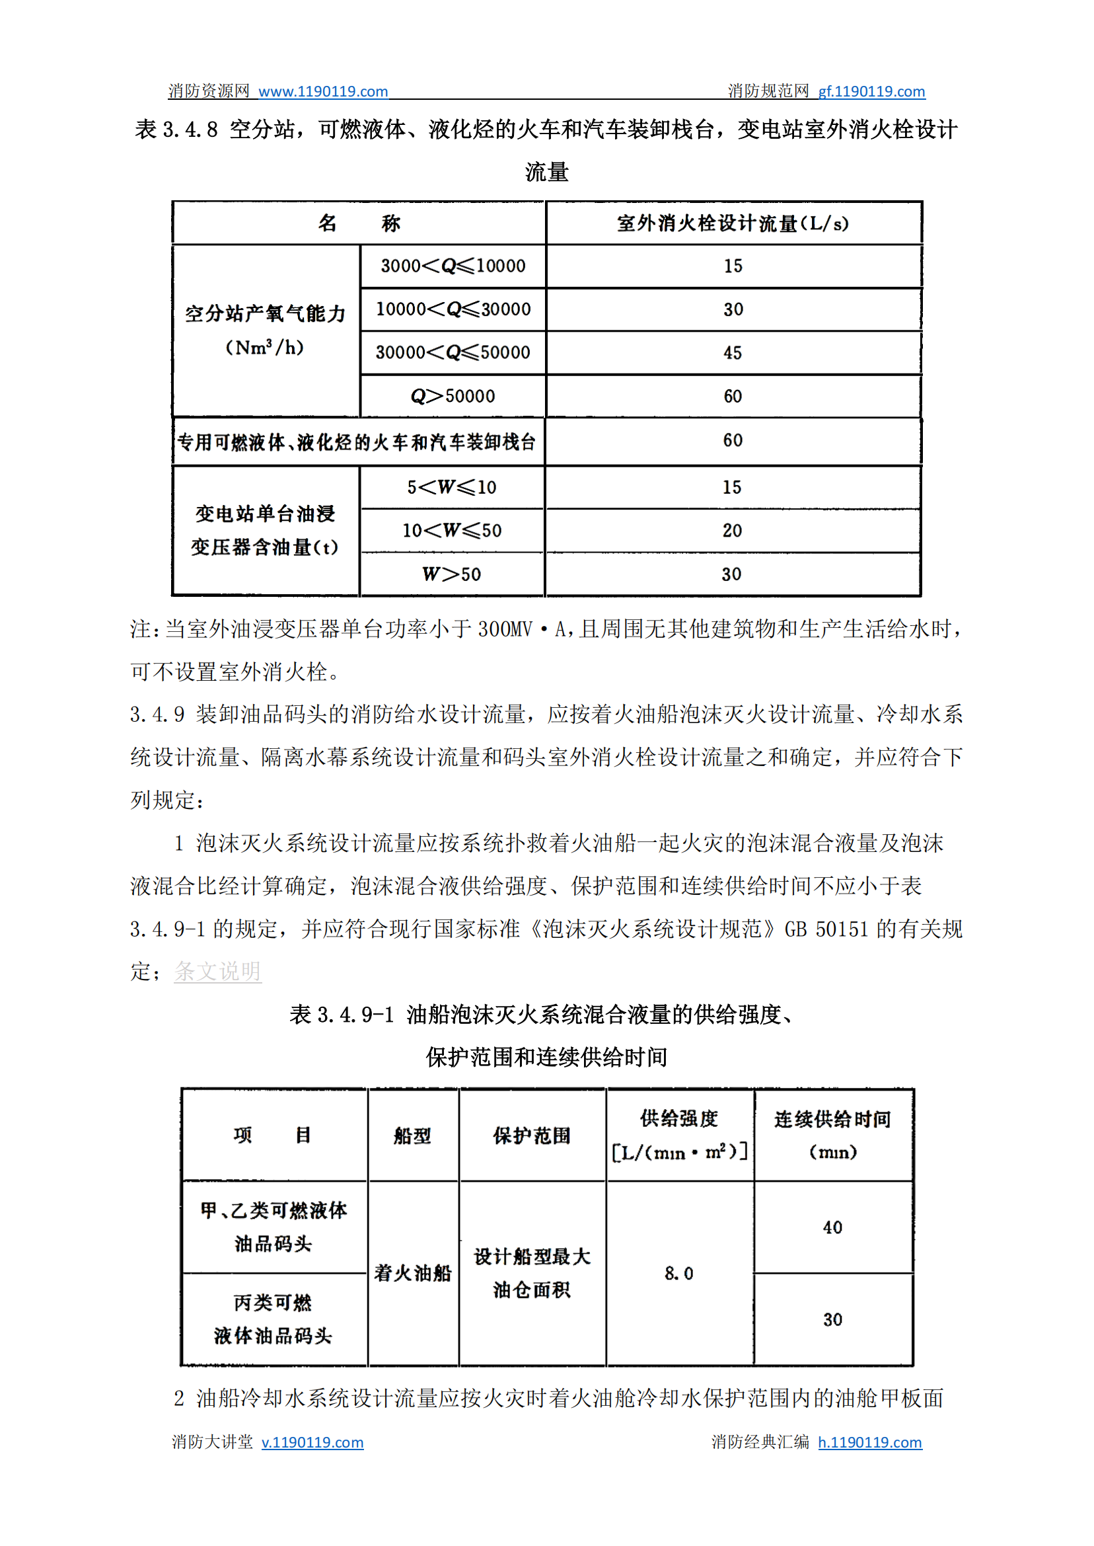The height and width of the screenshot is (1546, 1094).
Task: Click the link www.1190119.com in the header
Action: [322, 92]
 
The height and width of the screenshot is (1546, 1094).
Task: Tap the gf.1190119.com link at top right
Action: [871, 92]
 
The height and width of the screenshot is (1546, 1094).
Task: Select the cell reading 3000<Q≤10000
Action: [453, 266]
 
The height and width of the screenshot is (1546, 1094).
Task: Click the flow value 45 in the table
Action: [732, 352]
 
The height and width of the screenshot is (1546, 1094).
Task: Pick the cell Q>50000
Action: [453, 397]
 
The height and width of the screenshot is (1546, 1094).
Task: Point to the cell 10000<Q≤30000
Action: [453, 309]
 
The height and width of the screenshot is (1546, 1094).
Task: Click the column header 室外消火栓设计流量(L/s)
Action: [732, 223]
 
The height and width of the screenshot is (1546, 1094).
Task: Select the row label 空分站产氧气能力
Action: [266, 314]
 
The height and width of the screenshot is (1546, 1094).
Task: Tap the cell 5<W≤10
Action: [451, 487]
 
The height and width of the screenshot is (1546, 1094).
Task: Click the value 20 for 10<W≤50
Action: [731, 530]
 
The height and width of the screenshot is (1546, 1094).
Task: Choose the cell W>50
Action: [451, 574]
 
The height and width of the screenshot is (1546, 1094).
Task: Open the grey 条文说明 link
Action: [217, 971]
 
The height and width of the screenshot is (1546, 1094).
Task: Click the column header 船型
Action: [412, 1136]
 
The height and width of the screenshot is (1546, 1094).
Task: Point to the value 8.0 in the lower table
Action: [678, 1273]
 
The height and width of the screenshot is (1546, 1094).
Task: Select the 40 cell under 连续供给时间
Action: [832, 1227]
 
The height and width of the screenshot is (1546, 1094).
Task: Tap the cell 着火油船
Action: [412, 1273]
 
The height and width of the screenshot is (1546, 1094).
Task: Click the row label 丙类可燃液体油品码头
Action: [273, 1319]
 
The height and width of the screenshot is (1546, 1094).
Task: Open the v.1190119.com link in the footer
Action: [312, 1442]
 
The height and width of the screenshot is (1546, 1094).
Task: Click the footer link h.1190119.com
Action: [869, 1442]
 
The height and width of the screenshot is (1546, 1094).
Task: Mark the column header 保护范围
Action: [532, 1136]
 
